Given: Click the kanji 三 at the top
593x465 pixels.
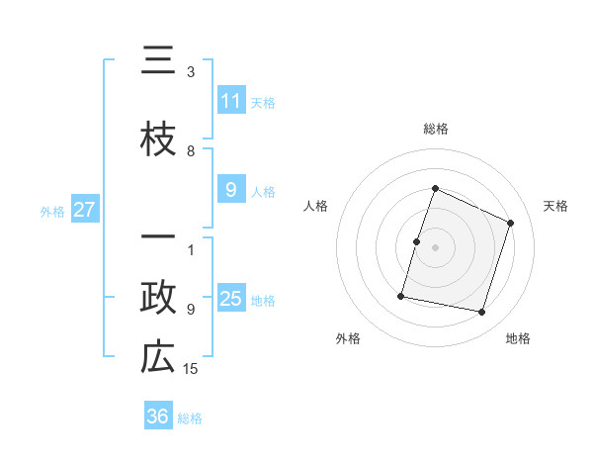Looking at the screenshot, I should coord(158,60).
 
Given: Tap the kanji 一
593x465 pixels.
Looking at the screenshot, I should coord(158,238).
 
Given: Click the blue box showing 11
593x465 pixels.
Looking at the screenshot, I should coord(231,100).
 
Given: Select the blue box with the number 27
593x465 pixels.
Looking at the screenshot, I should coord(85,209).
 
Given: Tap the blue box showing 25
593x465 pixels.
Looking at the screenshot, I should coord(231,299).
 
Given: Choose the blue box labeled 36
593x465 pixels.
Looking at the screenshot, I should coord(158,417).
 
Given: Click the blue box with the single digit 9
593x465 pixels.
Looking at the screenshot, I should coord(231,190).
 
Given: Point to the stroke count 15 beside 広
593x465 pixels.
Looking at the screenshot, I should coord(192,369).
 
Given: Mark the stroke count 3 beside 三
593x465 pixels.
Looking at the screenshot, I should coord(191,72).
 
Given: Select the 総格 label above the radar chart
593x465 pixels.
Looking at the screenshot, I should coord(435,129).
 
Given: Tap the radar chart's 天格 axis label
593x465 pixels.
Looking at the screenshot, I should coord(555,206).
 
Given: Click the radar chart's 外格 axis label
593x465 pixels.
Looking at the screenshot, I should coord(348,338).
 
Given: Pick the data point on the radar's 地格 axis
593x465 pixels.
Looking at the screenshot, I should coord(481,312).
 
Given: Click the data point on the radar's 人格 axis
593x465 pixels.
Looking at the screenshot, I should coord(417,241).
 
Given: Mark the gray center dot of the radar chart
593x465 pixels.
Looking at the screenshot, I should coord(435,247).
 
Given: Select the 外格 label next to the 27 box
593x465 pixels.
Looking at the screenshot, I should coord(51,211).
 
